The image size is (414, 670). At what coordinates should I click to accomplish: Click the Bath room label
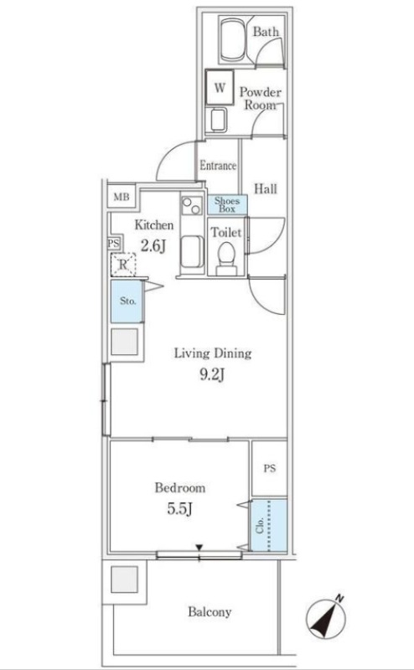(266, 32)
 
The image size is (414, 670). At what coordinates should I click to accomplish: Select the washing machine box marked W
(220, 86)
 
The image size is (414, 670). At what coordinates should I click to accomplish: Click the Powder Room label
(261, 99)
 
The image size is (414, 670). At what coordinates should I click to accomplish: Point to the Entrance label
(218, 166)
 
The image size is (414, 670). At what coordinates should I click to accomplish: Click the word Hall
(266, 188)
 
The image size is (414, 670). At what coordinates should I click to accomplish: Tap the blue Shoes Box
(227, 204)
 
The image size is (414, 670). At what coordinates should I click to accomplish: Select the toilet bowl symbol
(225, 255)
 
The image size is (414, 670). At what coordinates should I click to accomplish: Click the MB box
(121, 198)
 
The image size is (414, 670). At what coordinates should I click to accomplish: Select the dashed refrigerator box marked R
(124, 265)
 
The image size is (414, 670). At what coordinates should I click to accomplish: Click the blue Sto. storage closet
(127, 301)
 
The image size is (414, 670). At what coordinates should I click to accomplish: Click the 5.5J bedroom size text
(178, 508)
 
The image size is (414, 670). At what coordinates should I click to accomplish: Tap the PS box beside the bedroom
(269, 470)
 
